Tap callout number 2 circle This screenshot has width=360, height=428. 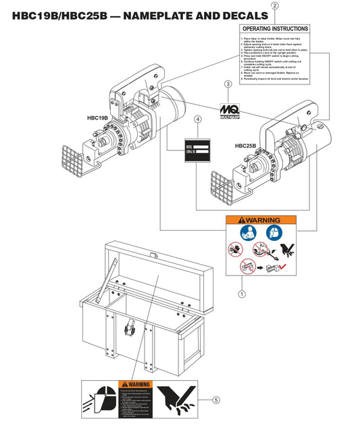point(274,5)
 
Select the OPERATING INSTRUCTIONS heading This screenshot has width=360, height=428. point(275,29)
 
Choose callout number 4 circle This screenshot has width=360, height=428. point(197,119)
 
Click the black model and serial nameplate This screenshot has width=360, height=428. point(199,151)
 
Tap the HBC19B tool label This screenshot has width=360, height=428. point(98,117)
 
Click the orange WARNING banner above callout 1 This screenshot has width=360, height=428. point(261,221)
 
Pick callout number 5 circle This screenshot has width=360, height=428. point(215,400)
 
